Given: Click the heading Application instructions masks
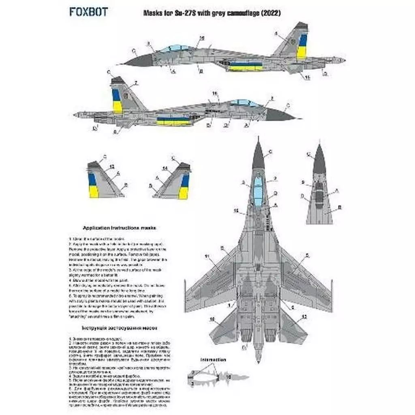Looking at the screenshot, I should [120, 228].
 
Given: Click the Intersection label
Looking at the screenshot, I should [213, 359].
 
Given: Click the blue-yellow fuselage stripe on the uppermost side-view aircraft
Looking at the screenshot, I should [246, 66].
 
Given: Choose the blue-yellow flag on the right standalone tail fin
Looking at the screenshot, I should [184, 187].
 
